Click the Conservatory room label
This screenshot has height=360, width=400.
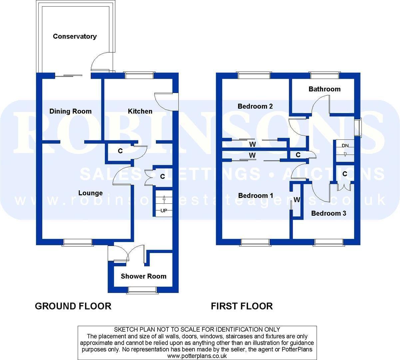tap(75, 37)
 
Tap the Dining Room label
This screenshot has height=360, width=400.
tap(70, 111)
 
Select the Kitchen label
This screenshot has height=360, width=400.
tap(140, 111)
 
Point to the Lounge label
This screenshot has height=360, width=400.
tap(91, 193)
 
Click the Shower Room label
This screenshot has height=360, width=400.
tap(144, 276)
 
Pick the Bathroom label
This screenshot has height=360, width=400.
tap(325, 89)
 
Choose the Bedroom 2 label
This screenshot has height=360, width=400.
tap(255, 106)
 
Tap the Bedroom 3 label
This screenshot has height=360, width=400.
tap(329, 213)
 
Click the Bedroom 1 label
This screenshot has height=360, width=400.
tap(256, 195)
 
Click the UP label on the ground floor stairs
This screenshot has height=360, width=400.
tap(164, 210)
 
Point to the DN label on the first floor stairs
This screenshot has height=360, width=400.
tap(345, 146)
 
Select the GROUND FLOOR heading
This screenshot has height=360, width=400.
tap(73, 306)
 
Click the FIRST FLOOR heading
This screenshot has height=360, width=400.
tap(242, 306)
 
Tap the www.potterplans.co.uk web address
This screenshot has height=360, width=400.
tap(197, 356)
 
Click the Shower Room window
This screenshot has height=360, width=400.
tap(142, 290)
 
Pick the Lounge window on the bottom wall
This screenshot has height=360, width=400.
tap(78, 242)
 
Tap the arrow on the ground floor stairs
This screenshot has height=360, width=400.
tap(164, 200)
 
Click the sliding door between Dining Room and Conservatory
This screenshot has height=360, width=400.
tap(69, 75)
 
